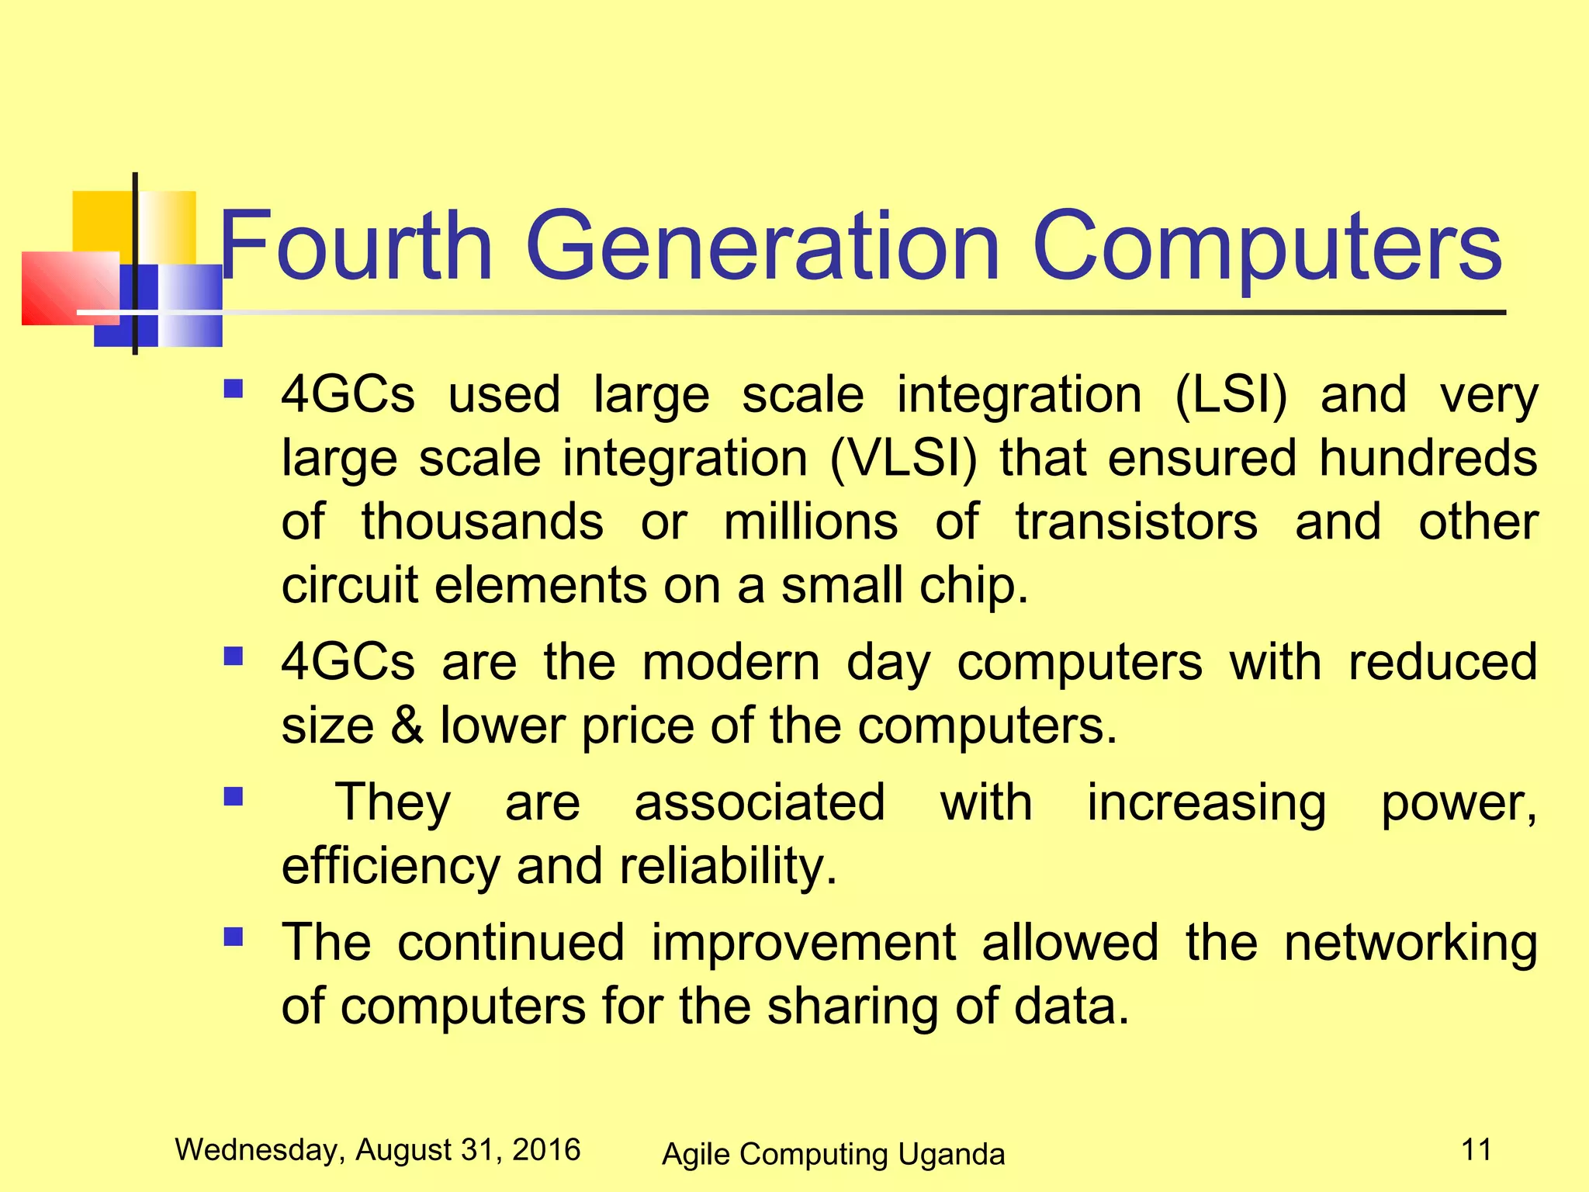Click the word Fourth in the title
point(356,247)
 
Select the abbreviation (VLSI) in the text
point(903,458)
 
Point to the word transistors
point(1137,521)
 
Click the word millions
point(811,521)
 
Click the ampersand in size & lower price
point(407,726)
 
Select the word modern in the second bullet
point(731,663)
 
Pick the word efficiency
point(390,867)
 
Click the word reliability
point(728,867)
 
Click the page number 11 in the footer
point(1476,1149)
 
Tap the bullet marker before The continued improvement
point(233,937)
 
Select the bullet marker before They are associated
point(233,797)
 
